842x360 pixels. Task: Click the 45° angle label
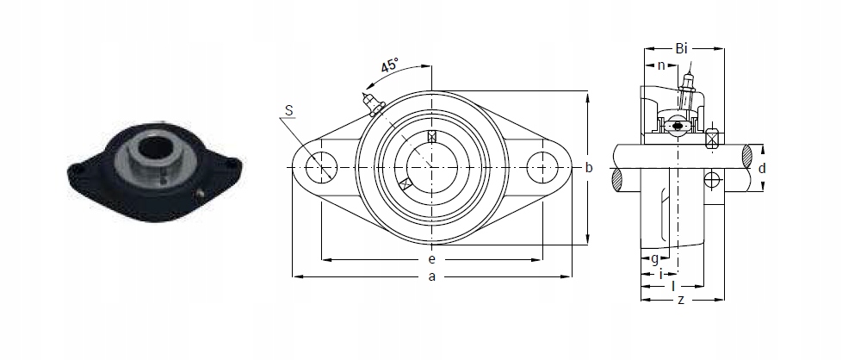pos(390,65)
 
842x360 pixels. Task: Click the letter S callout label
pos(289,111)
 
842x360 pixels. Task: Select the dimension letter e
pos(431,260)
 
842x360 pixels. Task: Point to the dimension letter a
pos(431,276)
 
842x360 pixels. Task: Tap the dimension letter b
pos(589,168)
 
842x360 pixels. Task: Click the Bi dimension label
pos(682,49)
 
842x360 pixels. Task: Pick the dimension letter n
pos(661,65)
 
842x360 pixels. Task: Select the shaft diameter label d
pos(762,169)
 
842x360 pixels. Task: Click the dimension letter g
pos(654,259)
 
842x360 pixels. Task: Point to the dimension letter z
pos(681,300)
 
